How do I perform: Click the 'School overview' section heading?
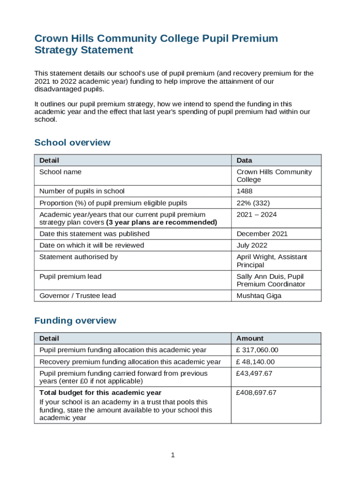[72, 143]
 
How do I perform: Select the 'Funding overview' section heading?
[75, 321]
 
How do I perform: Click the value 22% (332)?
[253, 203]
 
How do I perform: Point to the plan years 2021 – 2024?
[256, 215]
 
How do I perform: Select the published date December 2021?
[262, 234]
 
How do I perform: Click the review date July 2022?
[253, 246]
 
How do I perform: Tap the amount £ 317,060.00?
[257, 350]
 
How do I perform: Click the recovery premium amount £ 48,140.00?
[255, 362]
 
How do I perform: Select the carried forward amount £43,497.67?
[254, 374]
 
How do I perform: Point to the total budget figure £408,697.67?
[256, 393]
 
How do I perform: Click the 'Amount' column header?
[250, 338]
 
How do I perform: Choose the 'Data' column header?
[244, 160]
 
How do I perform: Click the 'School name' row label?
[60, 172]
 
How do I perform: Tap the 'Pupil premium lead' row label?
[70, 276]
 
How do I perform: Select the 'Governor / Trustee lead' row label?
[78, 296]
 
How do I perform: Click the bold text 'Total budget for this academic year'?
[100, 393]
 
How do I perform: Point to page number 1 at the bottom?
[173, 455]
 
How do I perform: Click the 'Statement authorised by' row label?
[79, 257]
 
